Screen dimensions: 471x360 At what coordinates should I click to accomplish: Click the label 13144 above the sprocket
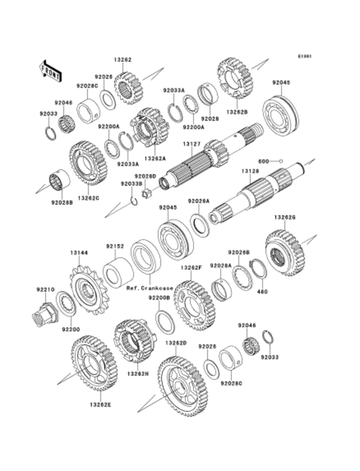pyautogui.click(x=78, y=254)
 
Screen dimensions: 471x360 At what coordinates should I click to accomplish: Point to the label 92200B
pyautogui.click(x=159, y=298)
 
